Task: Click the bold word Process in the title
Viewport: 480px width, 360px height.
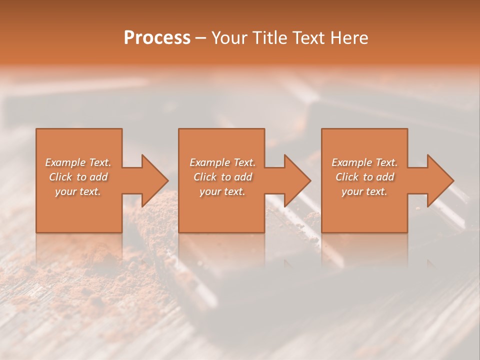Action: tap(157, 38)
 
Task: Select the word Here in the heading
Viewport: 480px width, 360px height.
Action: tap(348, 38)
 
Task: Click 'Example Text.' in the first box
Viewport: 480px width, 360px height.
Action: tap(78, 162)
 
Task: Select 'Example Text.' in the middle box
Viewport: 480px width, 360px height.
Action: tap(222, 162)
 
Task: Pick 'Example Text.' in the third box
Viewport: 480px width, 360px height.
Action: tap(364, 162)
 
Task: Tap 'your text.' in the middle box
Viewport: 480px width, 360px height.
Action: tap(222, 191)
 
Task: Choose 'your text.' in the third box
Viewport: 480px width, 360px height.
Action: tap(364, 191)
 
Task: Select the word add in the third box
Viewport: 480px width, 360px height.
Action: tap(385, 177)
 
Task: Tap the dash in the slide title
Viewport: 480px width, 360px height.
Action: tap(201, 38)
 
